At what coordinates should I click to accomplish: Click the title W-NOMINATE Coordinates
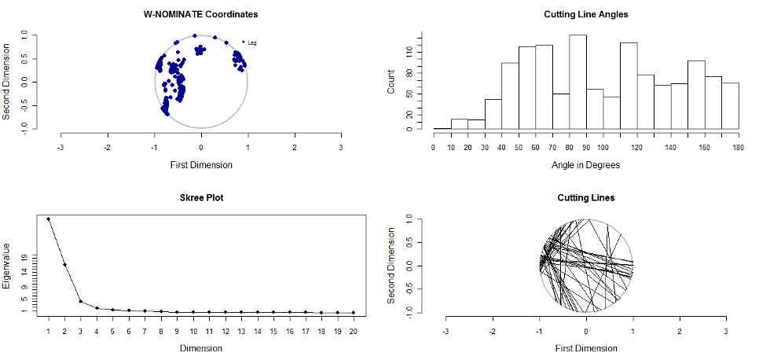(200, 14)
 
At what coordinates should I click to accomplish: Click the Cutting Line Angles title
(585, 14)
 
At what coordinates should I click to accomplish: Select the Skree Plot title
(200, 197)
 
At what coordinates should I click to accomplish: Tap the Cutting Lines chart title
(585, 197)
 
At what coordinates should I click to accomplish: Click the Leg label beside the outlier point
(252, 42)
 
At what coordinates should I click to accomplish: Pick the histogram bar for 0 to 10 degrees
(442, 128)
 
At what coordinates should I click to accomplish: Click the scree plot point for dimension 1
(49, 219)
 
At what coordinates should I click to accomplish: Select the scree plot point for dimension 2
(64, 264)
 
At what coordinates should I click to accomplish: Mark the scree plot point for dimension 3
(81, 301)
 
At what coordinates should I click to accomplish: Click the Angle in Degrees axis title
(585, 165)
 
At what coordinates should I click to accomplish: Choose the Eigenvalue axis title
(7, 266)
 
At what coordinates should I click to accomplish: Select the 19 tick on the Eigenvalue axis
(25, 257)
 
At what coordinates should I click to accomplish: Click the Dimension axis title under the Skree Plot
(200, 348)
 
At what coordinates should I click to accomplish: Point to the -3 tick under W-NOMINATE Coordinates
(60, 147)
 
